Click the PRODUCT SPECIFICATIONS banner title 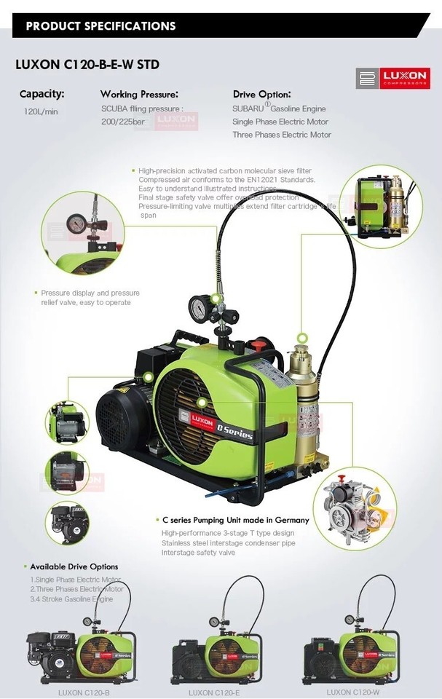(x=100, y=26)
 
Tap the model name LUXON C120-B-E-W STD (x=87, y=65)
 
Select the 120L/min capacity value (x=41, y=111)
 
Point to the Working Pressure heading (x=139, y=95)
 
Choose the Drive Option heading (x=262, y=95)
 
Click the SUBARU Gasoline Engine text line (x=280, y=108)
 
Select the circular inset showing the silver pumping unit (x=350, y=503)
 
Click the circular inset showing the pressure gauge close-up (x=80, y=234)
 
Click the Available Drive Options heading (x=74, y=566)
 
